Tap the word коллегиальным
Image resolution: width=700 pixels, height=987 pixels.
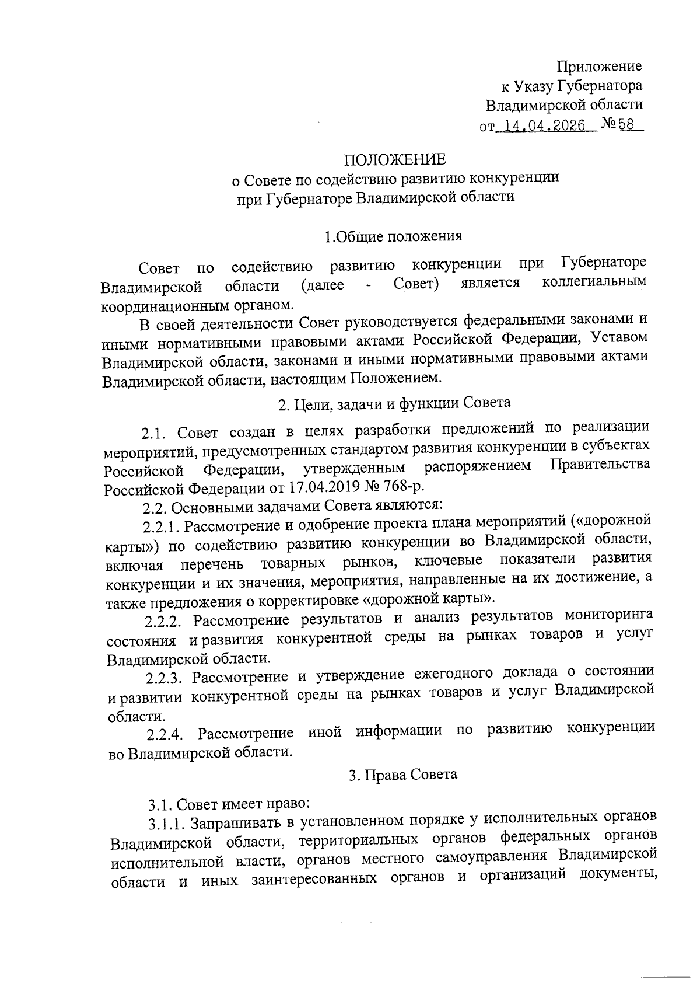coord(594,283)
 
